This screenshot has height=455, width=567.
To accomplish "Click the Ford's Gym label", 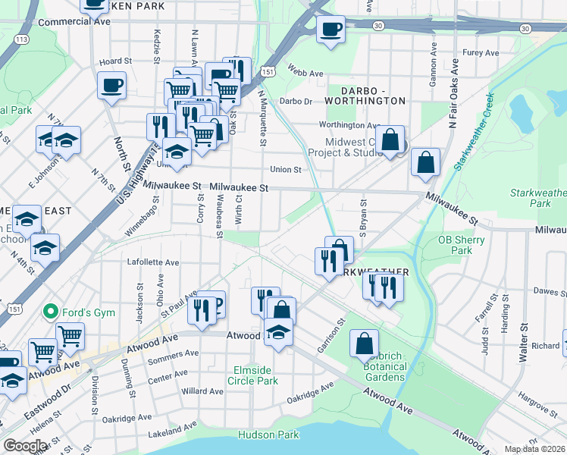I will [x=82, y=311].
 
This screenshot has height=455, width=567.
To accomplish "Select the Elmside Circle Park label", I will [x=254, y=376].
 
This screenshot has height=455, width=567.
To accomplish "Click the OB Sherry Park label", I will [x=455, y=245].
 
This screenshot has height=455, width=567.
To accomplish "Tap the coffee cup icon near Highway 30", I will [x=329, y=30].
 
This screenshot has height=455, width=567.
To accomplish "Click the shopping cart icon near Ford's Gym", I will [x=69, y=334].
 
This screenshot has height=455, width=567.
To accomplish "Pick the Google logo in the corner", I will [x=26, y=446].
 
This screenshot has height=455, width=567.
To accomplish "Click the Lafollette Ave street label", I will [x=152, y=262].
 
